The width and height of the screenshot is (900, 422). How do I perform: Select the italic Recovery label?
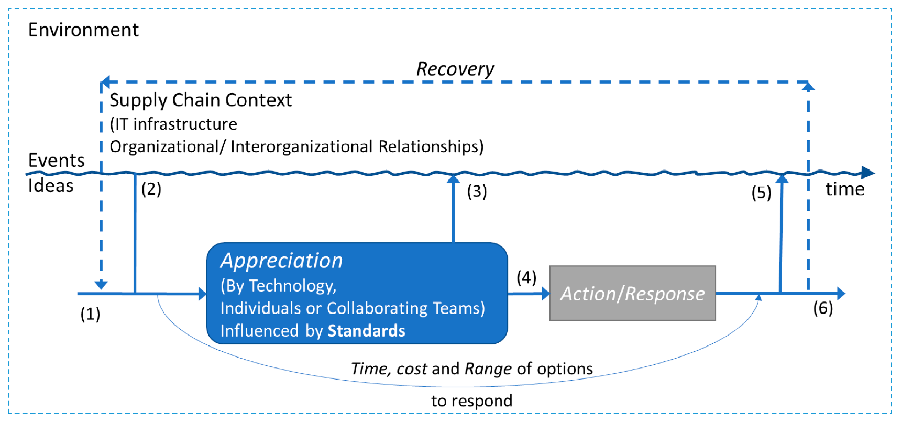coord(455,69)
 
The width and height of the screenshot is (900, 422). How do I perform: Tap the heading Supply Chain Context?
coord(200,100)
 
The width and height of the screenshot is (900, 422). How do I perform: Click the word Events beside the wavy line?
coord(56,161)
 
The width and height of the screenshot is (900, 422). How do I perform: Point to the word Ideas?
coord(51,186)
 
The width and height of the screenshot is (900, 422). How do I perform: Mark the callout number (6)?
coord(823,308)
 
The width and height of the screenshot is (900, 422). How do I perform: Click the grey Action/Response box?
coord(632,293)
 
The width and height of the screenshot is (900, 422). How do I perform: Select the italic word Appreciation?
coord(282,261)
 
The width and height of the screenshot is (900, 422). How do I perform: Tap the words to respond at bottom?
coord(471,401)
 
